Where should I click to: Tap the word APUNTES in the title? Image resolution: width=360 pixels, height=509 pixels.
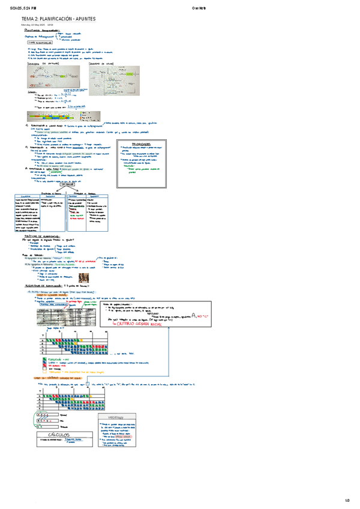(x=86, y=19)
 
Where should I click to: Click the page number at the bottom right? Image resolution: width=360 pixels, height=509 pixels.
(x=346, y=501)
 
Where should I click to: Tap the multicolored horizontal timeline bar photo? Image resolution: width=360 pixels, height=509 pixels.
(x=54, y=117)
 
